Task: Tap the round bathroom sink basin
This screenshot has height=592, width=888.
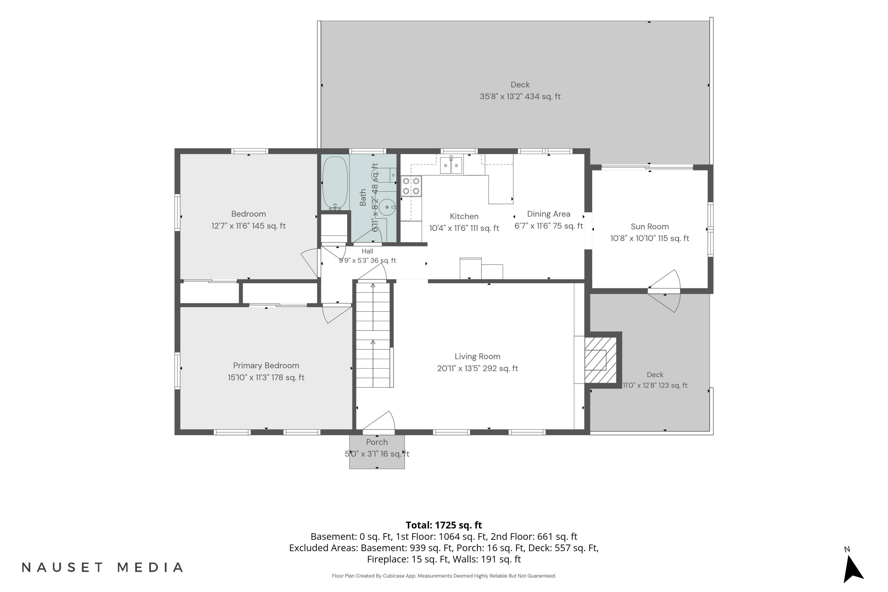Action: [387, 207]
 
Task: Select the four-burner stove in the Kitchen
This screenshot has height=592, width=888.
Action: [411, 186]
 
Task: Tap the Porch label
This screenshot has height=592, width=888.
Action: [377, 442]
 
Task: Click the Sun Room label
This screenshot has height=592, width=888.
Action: [650, 226]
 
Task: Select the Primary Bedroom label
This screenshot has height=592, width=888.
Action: [266, 366]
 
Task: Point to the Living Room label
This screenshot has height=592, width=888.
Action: [478, 356]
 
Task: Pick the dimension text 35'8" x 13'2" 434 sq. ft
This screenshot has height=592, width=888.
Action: [520, 97]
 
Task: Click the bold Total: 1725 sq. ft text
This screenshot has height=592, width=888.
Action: [444, 525]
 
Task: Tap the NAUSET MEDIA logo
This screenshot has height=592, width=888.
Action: [102, 567]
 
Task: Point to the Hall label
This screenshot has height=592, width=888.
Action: [367, 251]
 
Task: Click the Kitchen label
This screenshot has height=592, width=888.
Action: [464, 216]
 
